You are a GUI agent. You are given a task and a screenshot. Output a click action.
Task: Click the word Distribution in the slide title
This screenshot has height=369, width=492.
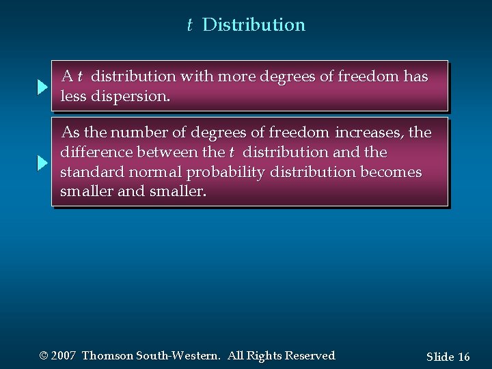tap(254, 25)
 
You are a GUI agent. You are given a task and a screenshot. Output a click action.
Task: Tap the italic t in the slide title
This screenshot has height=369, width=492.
tap(190, 25)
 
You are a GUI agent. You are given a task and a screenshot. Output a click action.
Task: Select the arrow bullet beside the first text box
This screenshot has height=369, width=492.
tap(42, 87)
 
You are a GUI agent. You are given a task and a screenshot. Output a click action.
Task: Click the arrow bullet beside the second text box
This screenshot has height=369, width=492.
tap(42, 163)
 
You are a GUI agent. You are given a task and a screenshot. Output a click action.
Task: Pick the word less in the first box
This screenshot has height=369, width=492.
tap(74, 97)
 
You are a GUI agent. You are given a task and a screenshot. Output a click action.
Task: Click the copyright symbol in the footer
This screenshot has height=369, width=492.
tap(44, 356)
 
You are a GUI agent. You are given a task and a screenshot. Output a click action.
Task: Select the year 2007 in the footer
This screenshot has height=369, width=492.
tap(64, 356)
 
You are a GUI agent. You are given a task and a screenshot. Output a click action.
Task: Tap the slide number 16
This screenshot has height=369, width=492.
tap(463, 357)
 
